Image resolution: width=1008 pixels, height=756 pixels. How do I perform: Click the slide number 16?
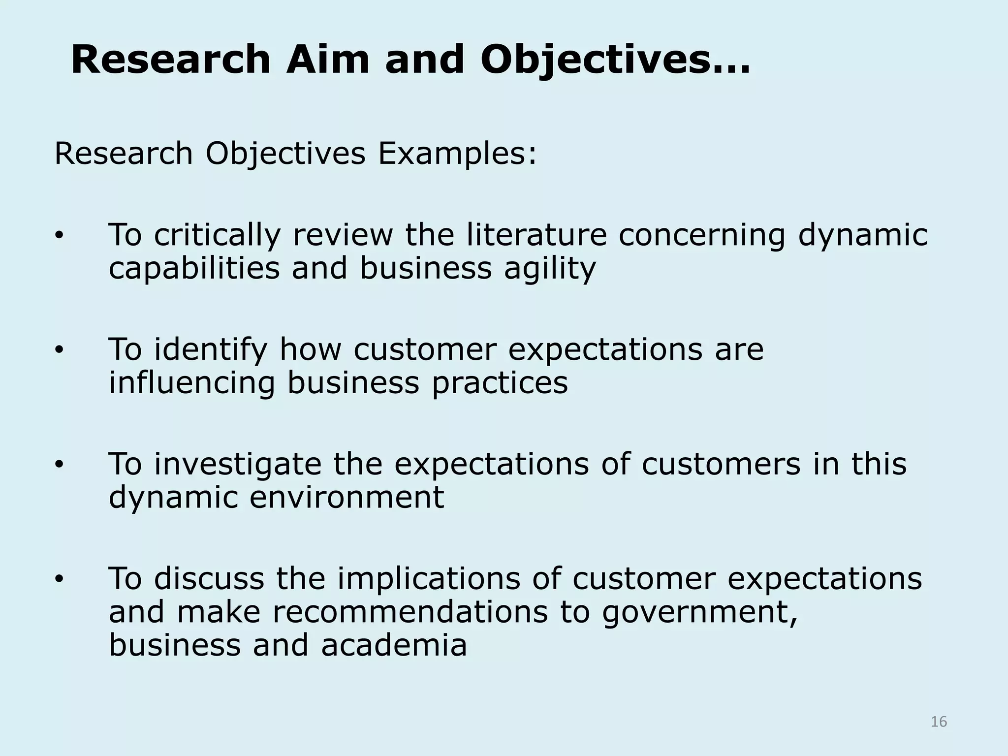939,722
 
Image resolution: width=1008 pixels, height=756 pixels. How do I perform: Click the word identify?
211,350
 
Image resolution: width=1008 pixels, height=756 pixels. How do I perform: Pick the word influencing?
192,383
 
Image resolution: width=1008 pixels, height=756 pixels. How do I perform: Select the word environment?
346,497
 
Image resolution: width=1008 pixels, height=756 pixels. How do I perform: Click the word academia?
394,645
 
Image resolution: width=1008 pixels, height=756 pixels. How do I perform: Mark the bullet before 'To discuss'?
59,580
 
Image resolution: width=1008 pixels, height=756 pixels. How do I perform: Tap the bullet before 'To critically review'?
59,236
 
